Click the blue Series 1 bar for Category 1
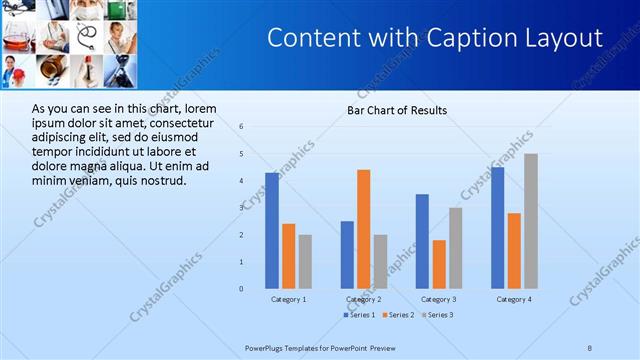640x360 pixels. click(x=272, y=230)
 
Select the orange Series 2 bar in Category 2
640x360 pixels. click(x=363, y=229)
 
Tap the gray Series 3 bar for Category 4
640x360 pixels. click(x=531, y=221)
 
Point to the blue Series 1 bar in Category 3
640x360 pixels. click(x=422, y=241)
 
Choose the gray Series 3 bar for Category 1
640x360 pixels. click(x=305, y=261)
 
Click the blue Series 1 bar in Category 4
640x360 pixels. click(x=498, y=228)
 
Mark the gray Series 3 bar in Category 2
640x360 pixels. click(x=380, y=261)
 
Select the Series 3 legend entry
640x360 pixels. click(x=438, y=315)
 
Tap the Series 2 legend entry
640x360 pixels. click(x=400, y=315)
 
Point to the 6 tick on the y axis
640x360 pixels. click(x=241, y=126)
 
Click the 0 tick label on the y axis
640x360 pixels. click(x=241, y=289)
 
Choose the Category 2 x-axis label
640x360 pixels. click(x=364, y=299)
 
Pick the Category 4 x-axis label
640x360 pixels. click(x=514, y=299)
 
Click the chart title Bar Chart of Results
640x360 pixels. click(x=397, y=110)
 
